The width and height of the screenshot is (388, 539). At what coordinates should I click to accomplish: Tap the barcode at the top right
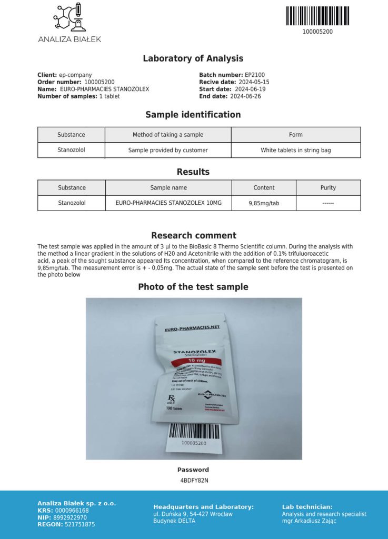317,16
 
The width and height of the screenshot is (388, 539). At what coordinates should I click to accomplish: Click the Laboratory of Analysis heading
193,58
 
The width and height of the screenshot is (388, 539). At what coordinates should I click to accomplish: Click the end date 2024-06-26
245,96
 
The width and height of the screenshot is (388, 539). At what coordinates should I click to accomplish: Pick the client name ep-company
75,75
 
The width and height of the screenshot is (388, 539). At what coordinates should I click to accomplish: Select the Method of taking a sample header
168,135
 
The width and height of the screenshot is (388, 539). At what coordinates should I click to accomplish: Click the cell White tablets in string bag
296,150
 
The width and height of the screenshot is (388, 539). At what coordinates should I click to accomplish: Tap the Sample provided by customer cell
168,150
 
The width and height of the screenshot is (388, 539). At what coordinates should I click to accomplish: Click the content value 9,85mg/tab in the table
264,203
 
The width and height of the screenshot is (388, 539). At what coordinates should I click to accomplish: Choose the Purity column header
328,187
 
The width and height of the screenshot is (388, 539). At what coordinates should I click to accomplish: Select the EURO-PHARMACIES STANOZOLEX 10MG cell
168,203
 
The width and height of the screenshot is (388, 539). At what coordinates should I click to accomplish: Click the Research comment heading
194,235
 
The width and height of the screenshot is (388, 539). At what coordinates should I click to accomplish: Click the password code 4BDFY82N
194,480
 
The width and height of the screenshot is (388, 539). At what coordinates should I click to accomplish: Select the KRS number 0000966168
71,511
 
